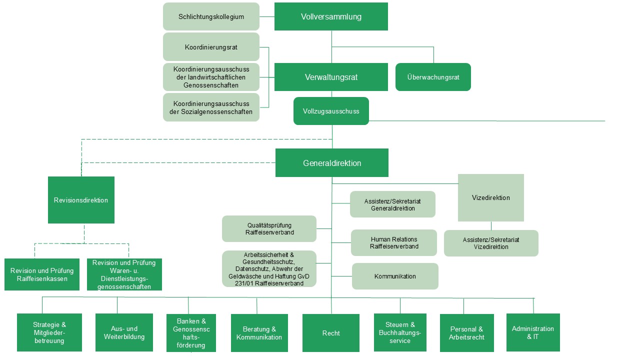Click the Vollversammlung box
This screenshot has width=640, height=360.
pyautogui.click(x=331, y=16)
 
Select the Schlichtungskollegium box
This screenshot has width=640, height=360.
pyautogui.click(x=211, y=16)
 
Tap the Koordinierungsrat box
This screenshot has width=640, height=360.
pyautogui.click(x=211, y=47)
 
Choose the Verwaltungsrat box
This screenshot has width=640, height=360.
pyautogui.click(x=331, y=77)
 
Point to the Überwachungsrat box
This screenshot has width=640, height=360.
pyautogui.click(x=433, y=77)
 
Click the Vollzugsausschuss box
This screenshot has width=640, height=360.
pyautogui.click(x=331, y=111)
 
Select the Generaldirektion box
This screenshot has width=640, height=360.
pyautogui.click(x=331, y=163)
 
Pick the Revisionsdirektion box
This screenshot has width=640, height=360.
pyautogui.click(x=81, y=200)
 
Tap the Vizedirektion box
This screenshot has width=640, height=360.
pyautogui.click(x=490, y=197)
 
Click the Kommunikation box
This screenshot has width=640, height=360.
pyautogui.click(x=395, y=276)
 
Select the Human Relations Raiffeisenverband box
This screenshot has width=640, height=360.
pyautogui.click(x=394, y=242)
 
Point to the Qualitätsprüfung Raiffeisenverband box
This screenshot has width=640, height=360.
pyautogui.click(x=269, y=228)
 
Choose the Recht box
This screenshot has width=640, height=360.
pyautogui.click(x=331, y=333)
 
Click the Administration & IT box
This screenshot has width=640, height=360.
pyautogui.click(x=533, y=332)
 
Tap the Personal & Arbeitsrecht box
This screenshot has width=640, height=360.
pyautogui.click(x=466, y=333)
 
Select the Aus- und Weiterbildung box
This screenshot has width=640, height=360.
pyautogui.click(x=124, y=332)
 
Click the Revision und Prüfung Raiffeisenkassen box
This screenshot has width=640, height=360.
pyautogui.click(x=42, y=274)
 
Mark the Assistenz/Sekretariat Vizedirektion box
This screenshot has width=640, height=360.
pyautogui.click(x=491, y=243)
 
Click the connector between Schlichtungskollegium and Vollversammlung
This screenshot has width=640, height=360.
pyautogui.click(x=267, y=16)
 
